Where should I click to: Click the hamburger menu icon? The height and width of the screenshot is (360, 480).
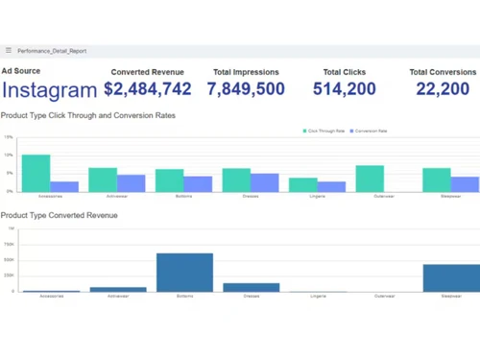coord(9,51)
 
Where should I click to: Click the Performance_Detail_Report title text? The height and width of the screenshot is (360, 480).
coord(52,51)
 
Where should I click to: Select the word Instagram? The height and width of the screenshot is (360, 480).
coord(49,89)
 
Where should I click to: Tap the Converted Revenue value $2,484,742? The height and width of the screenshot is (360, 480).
coord(148,89)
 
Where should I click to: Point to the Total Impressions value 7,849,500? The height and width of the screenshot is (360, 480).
coord(246,89)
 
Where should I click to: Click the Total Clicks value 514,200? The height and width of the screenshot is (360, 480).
coord(345,89)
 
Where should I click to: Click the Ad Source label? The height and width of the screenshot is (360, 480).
coord(21,71)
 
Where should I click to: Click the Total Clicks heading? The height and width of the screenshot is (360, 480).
coord(345,72)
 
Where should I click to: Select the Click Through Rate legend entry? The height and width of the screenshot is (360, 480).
coord(324,131)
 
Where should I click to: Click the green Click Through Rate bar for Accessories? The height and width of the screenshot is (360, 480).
coord(36,173)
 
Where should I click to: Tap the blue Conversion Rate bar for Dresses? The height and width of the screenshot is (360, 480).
coord(265,182)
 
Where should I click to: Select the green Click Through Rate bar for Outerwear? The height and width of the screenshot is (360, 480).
coord(370,179)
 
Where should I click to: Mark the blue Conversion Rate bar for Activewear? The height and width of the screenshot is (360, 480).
coord(132,183)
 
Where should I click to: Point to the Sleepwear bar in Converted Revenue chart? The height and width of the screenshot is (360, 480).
coord(451,277)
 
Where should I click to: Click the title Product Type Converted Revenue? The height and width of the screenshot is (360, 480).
coord(60,216)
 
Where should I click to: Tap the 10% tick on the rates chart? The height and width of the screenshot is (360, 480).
coord(9,156)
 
